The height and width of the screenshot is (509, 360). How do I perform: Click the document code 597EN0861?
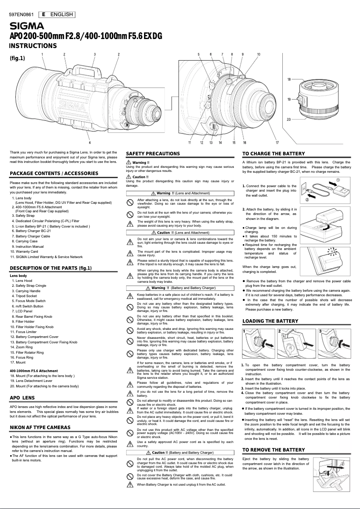21,14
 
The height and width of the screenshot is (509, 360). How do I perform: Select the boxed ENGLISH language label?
57,14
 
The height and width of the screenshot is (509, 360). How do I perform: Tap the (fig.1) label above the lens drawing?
17,57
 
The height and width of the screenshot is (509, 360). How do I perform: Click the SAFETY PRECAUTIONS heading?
153,154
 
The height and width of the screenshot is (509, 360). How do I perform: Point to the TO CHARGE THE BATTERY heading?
273,154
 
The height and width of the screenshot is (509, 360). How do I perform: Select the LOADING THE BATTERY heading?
270,321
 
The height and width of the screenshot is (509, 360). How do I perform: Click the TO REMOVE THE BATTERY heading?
273,450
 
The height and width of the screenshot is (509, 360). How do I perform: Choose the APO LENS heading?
22,398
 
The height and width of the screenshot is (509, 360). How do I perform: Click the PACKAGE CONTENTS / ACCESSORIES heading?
54,173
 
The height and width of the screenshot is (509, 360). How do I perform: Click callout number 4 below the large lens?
90,142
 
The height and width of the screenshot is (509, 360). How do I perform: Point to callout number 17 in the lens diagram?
271,142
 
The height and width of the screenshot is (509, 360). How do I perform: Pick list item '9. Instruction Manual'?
30,246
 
